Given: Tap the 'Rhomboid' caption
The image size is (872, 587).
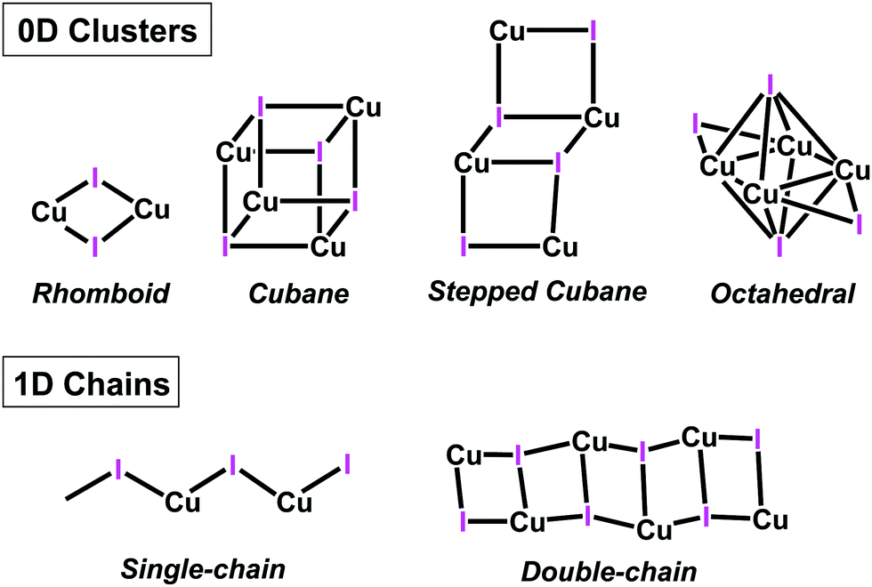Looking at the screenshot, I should click(x=101, y=293).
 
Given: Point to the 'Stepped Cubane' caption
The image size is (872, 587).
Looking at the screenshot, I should click(x=537, y=292).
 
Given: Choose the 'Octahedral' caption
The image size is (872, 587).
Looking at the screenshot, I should click(x=771, y=293).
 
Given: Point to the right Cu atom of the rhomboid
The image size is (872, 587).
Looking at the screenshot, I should click(x=151, y=211).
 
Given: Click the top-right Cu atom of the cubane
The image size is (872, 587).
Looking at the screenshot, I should click(x=363, y=109).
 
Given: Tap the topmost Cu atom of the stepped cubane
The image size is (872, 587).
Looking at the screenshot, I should click(x=506, y=32).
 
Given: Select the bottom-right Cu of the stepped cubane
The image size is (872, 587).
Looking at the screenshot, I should click(x=561, y=246).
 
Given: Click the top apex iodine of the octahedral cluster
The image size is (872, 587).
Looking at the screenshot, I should click(x=770, y=84).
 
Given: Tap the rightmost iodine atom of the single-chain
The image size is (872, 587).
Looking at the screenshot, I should click(x=347, y=463).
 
